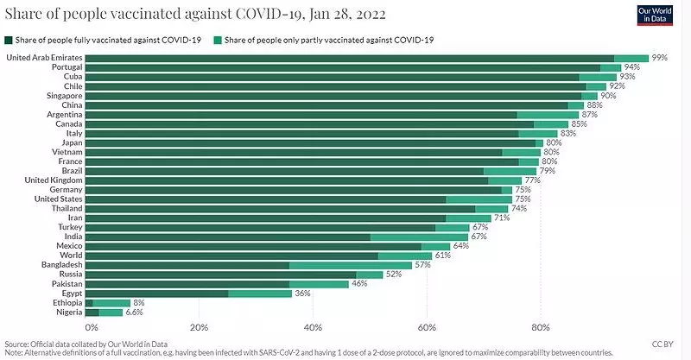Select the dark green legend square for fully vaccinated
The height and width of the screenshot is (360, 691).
(x=9, y=41)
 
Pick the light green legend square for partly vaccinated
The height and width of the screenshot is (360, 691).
(x=217, y=41)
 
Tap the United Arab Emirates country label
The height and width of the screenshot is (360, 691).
(x=44, y=58)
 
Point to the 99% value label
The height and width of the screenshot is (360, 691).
(x=661, y=58)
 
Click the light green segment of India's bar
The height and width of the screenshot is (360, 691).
(x=419, y=237)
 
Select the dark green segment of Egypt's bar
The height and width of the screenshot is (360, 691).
(x=157, y=294)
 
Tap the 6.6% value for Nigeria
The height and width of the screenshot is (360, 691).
(x=136, y=313)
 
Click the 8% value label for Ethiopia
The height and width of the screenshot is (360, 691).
(x=139, y=303)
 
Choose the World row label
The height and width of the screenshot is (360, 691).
(x=70, y=256)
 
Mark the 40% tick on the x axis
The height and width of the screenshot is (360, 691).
(x=313, y=328)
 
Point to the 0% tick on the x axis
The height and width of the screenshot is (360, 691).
(x=92, y=328)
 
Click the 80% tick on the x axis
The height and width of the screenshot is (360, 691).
(x=541, y=328)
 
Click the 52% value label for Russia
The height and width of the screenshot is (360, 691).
(x=394, y=275)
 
